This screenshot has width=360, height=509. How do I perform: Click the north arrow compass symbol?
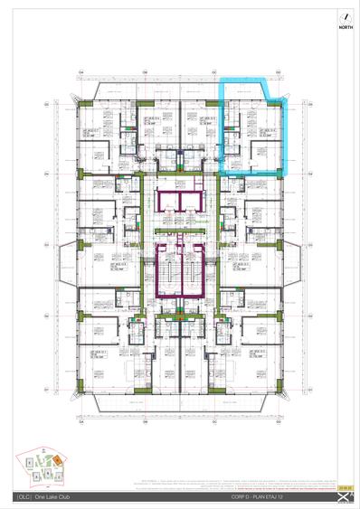pyautogui.click(x=344, y=17)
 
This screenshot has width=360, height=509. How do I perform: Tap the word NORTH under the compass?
pyautogui.click(x=344, y=29)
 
